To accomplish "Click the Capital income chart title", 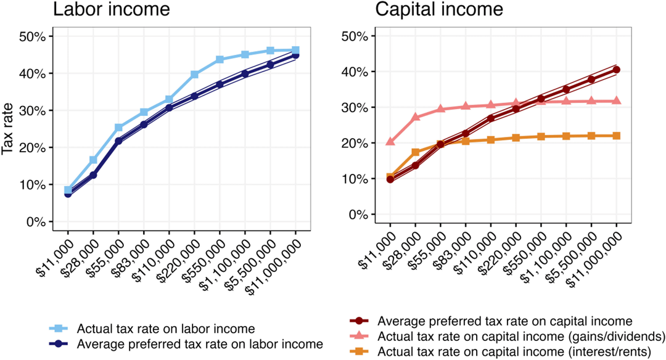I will point(439,10).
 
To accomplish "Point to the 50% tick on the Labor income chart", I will point(32,36).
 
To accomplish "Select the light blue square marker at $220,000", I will point(195,75).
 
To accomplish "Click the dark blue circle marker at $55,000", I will point(118,141).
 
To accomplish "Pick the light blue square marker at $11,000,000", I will point(296,51).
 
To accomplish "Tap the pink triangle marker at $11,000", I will point(390,141).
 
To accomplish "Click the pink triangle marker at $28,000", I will point(415,117).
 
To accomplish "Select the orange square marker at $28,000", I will point(415,152).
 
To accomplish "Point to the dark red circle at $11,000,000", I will point(617,70).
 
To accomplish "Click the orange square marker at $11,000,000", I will point(617,136).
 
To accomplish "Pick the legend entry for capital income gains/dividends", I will point(521,336).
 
